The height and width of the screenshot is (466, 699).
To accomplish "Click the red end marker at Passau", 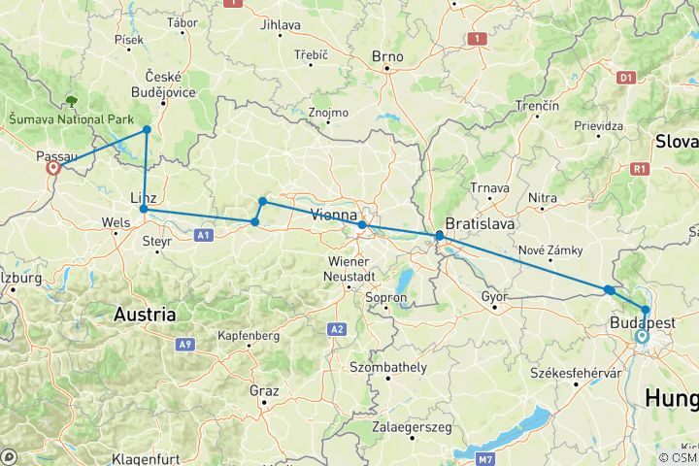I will coord(53,167).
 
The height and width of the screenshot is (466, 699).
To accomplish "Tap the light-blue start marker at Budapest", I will coord(641,337).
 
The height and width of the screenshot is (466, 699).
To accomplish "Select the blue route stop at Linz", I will coord(144,209).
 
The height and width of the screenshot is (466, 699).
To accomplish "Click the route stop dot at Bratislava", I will coord(439,236).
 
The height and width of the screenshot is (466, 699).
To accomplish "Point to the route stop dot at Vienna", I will coord(362,225).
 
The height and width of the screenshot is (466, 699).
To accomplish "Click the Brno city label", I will coord(387,56).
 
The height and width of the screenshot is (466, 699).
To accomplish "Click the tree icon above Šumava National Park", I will coord(71,100).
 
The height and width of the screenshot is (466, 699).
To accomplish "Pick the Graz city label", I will coord(265,391).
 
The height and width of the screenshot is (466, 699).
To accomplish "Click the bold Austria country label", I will coord(145,315).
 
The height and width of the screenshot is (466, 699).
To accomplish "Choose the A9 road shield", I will coord(184,344).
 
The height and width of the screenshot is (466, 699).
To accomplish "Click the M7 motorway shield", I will coord(492,455).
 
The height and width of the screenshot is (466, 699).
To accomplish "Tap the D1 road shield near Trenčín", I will coord(626,76).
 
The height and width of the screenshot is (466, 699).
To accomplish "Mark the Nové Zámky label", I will coord(550,250).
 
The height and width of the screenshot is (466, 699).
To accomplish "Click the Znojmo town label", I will coord(328,113).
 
